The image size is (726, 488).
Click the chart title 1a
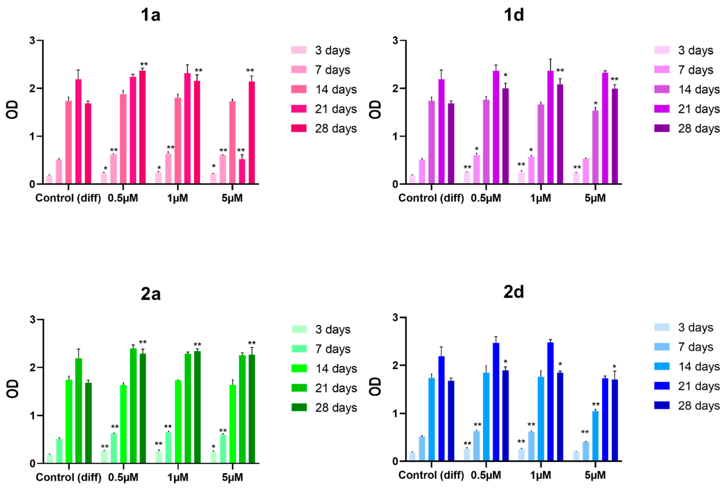(x=150, y=15)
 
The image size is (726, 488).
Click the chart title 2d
(x=513, y=292)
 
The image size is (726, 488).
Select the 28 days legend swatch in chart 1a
(x=299, y=128)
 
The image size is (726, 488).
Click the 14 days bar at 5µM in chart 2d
(x=595, y=436)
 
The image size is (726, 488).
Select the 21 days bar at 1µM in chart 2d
(x=550, y=401)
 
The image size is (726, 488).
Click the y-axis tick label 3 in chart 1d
(x=395, y=40)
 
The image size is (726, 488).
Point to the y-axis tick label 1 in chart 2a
(x=32, y=415)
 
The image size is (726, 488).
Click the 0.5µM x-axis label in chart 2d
(x=486, y=475)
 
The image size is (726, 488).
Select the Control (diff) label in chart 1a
(x=68, y=198)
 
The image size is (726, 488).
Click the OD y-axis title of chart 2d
(x=375, y=387)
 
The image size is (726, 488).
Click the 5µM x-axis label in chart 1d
(x=595, y=198)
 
